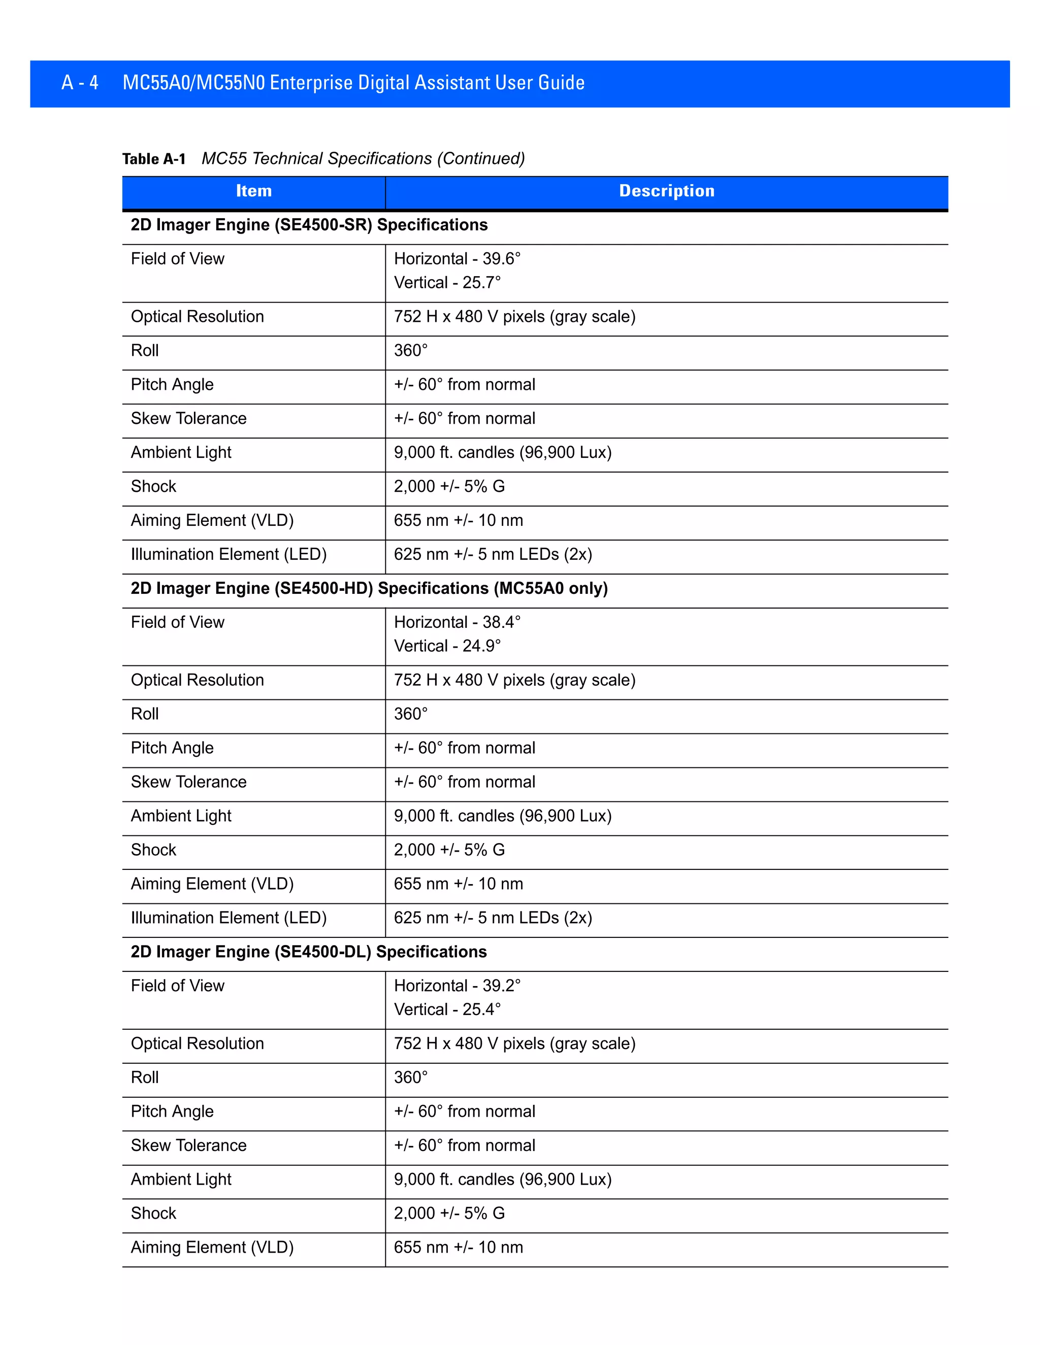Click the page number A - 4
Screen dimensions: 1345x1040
point(80,83)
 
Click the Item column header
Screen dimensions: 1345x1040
point(253,191)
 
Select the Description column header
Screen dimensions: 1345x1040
point(667,191)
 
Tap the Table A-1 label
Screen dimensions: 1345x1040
point(154,159)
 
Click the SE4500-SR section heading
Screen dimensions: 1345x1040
point(309,225)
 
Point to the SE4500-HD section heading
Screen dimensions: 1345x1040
point(369,588)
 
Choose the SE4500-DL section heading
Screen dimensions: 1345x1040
point(308,952)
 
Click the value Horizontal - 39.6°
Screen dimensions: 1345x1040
point(457,259)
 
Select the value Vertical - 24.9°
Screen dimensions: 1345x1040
point(447,646)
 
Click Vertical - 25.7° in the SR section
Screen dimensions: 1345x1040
point(447,283)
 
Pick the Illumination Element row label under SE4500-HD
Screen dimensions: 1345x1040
point(229,918)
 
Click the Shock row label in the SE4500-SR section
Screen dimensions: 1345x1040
point(153,487)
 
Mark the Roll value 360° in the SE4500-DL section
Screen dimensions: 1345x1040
point(410,1077)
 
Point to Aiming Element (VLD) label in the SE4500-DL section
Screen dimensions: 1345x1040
point(212,1247)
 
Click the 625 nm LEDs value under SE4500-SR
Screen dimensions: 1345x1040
point(493,554)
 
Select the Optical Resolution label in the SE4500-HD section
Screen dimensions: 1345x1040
point(197,680)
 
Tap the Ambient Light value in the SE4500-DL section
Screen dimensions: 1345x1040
point(503,1180)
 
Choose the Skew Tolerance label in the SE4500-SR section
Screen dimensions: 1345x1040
point(188,419)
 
